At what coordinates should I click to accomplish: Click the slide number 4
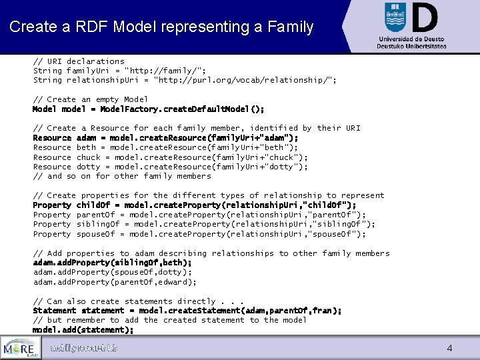(449, 348)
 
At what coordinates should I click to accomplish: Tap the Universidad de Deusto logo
(411, 25)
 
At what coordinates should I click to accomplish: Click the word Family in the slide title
(287, 27)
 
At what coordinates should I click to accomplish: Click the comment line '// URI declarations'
(79, 61)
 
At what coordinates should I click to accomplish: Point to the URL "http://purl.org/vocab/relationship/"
(245, 80)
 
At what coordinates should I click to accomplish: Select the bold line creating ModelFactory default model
(148, 109)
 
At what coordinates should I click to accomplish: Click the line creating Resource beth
(165, 147)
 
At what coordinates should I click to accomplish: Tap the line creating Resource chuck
(171, 157)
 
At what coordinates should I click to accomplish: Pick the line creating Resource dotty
(171, 167)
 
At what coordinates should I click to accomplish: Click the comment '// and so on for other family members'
(122, 176)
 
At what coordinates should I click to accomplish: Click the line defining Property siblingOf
(204, 225)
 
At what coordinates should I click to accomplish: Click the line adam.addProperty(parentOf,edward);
(115, 282)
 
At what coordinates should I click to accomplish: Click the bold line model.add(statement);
(83, 330)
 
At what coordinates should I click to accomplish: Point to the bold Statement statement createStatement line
(187, 311)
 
